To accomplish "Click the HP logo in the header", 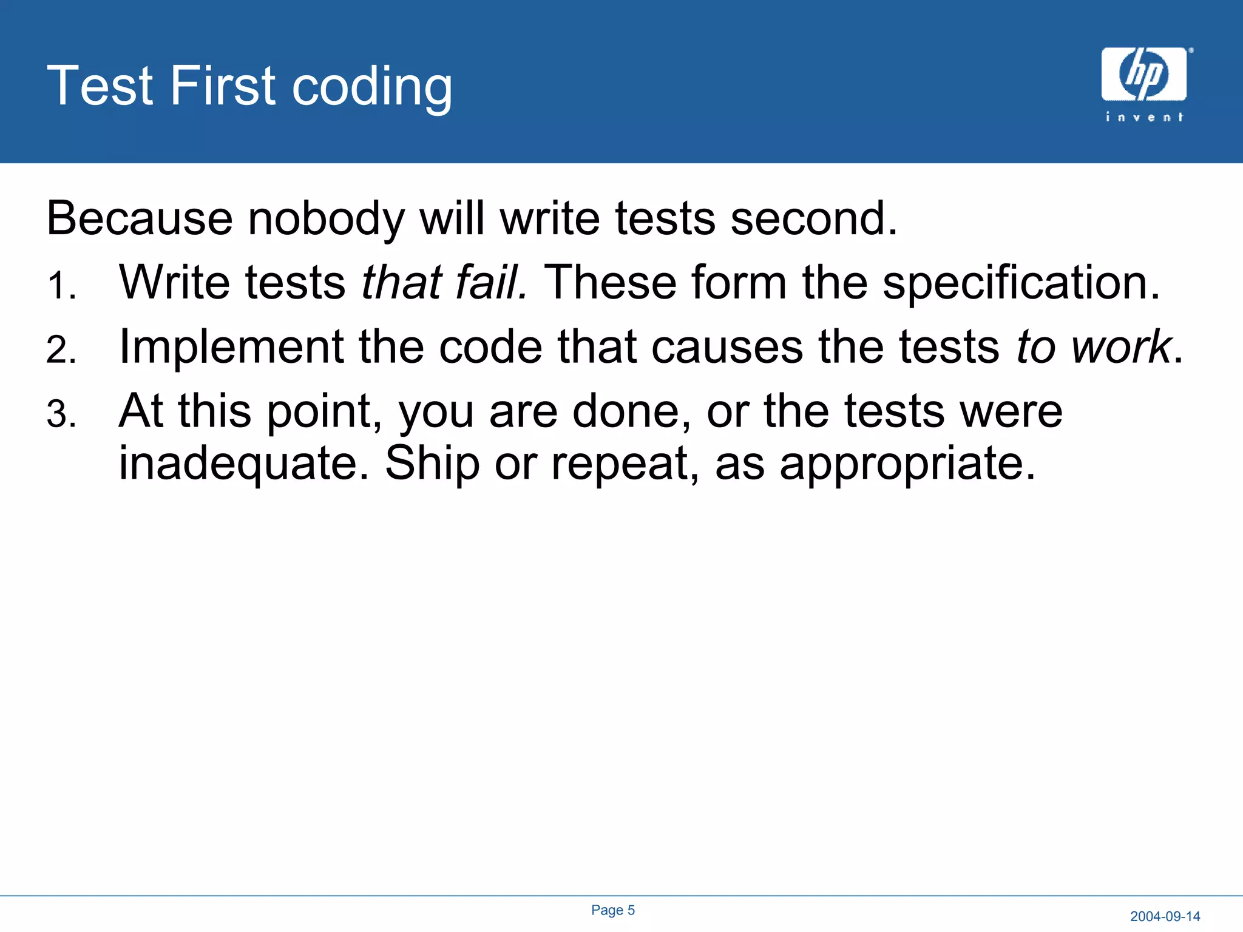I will (1143, 74).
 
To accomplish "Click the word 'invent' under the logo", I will (1144, 117).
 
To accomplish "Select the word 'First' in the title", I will (222, 86).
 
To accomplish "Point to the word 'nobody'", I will (326, 218).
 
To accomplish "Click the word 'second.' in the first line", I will (813, 218).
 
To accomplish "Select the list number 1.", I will (61, 286).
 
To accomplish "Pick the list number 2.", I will (61, 350).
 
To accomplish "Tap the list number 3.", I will (61, 415).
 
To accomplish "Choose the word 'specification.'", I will (1021, 283).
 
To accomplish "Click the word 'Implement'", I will (231, 348).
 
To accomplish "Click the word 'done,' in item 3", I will (631, 412).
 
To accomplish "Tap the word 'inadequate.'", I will (243, 464).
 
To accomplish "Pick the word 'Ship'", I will (432, 464).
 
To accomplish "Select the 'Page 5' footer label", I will (613, 910).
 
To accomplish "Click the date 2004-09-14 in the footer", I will (1165, 916).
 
